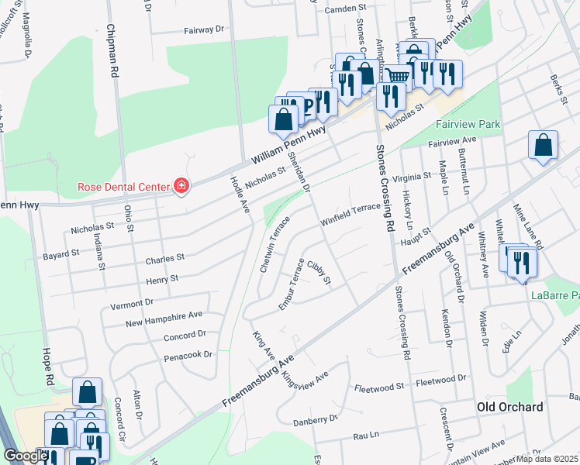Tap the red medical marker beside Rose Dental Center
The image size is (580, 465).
coord(181,186)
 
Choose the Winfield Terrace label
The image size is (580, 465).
coord(352,213)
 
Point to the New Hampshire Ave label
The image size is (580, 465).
coord(164,318)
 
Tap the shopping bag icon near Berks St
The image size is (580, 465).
coord(544,145)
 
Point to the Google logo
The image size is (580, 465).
coord(25,456)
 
